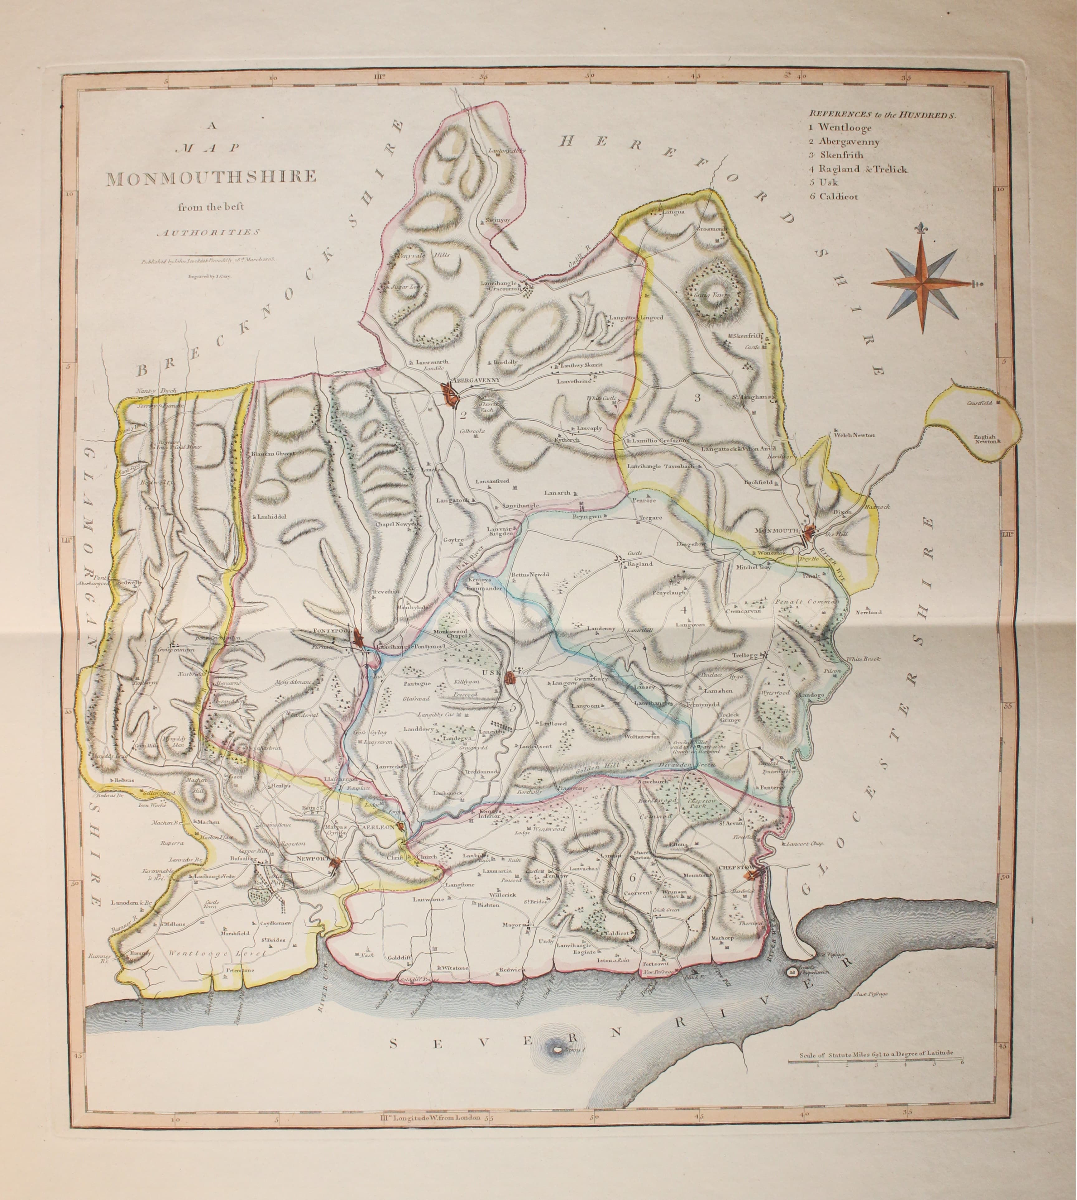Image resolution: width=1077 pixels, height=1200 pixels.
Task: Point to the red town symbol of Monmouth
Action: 810,531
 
